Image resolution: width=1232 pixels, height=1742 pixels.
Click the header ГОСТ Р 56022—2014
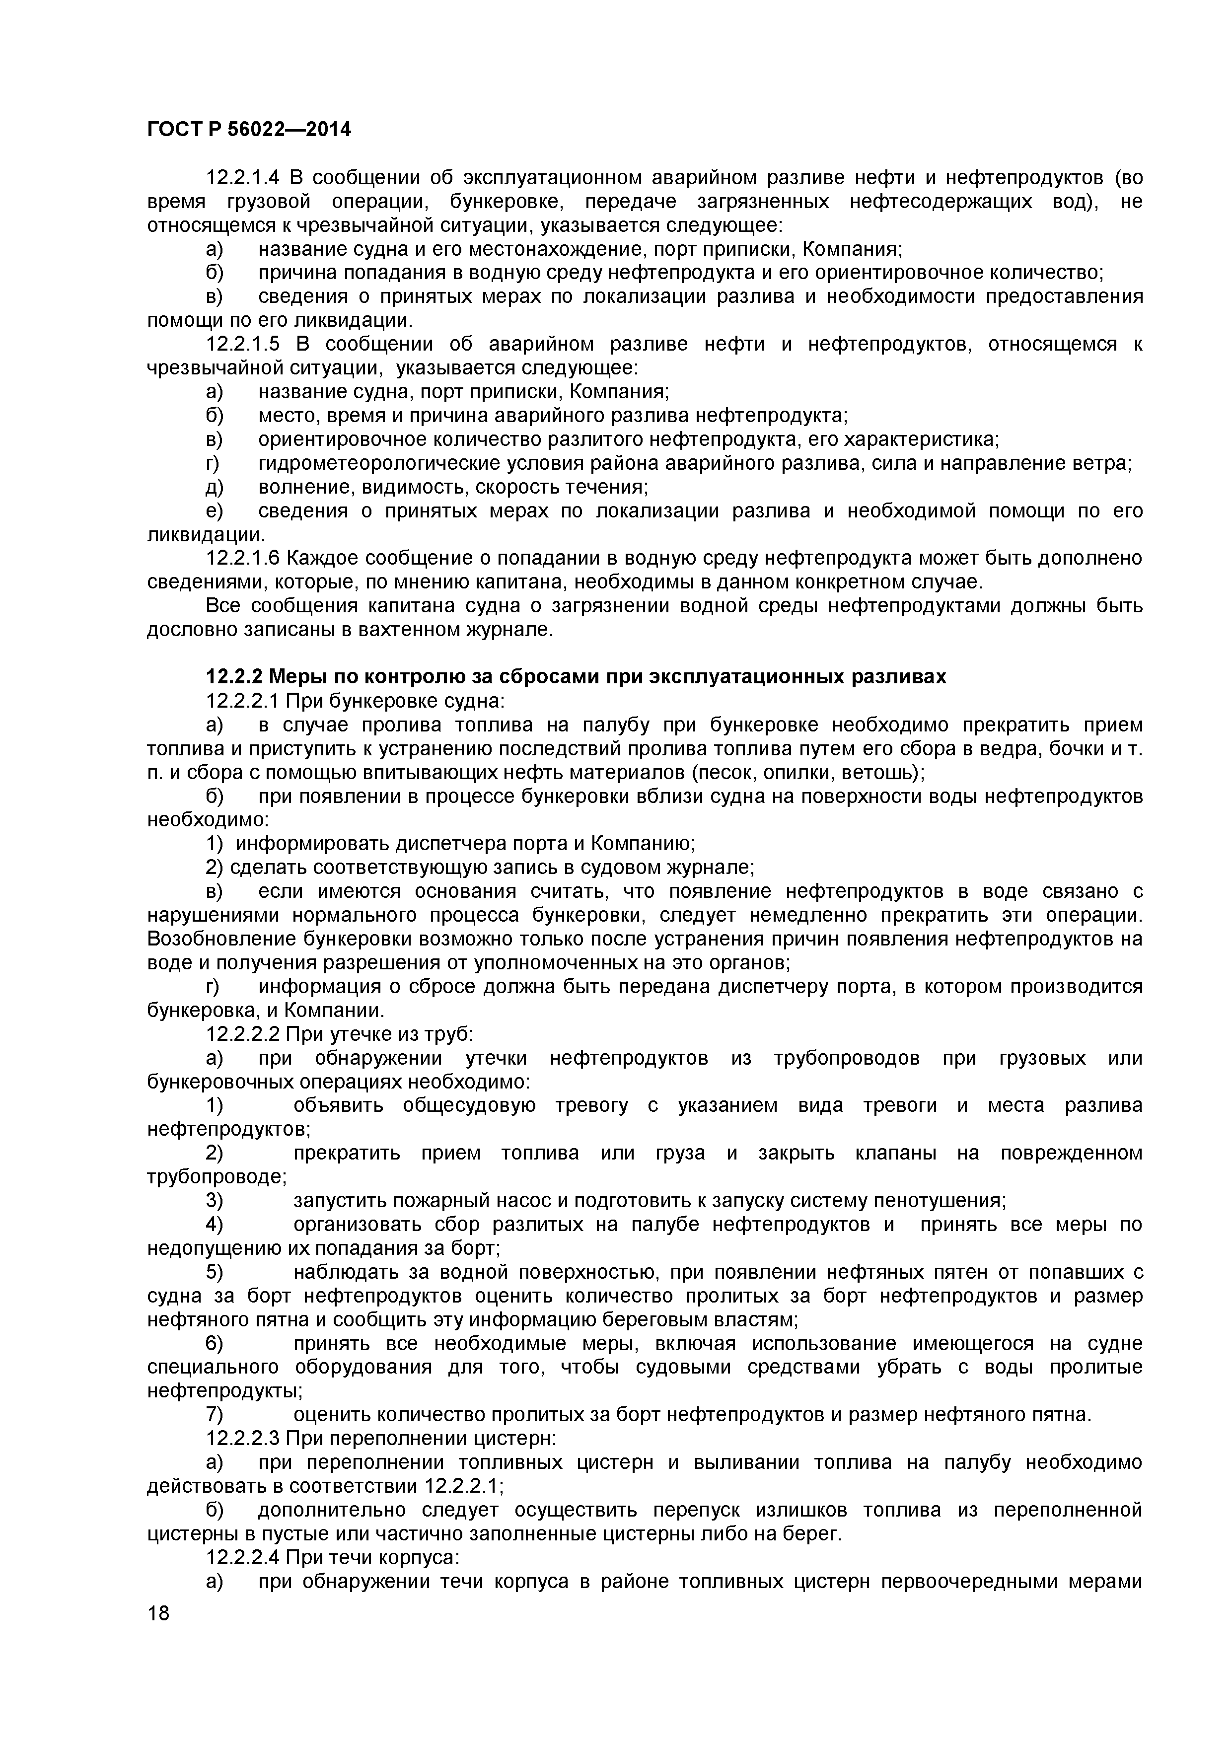[249, 130]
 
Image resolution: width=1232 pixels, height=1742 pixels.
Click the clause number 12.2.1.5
[243, 345]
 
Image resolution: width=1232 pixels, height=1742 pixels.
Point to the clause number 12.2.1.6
[243, 559]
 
